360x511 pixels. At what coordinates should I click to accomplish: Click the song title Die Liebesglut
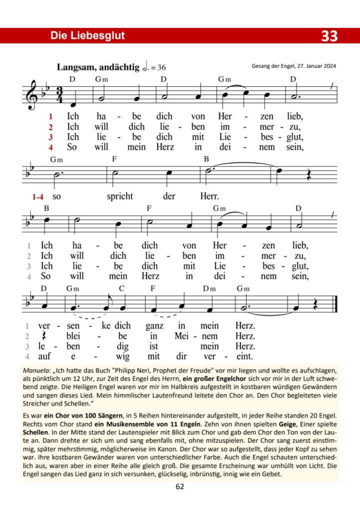87,35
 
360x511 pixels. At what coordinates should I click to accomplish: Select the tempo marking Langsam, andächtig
98,67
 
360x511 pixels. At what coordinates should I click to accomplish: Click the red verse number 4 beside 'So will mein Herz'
50,147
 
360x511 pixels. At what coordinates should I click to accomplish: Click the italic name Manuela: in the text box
36,371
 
